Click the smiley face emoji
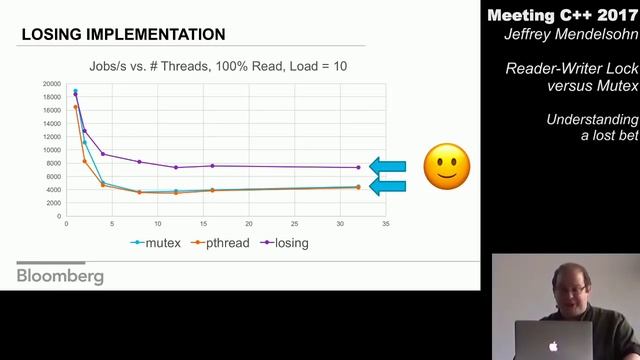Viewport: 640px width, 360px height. point(446,166)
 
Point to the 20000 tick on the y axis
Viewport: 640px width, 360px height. point(51,84)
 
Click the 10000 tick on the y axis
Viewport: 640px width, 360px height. point(51,150)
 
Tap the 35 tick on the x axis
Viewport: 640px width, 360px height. point(385,223)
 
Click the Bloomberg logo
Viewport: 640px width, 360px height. point(60,276)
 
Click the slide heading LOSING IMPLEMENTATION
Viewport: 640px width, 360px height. point(123,35)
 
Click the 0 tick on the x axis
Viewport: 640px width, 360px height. point(66,223)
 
